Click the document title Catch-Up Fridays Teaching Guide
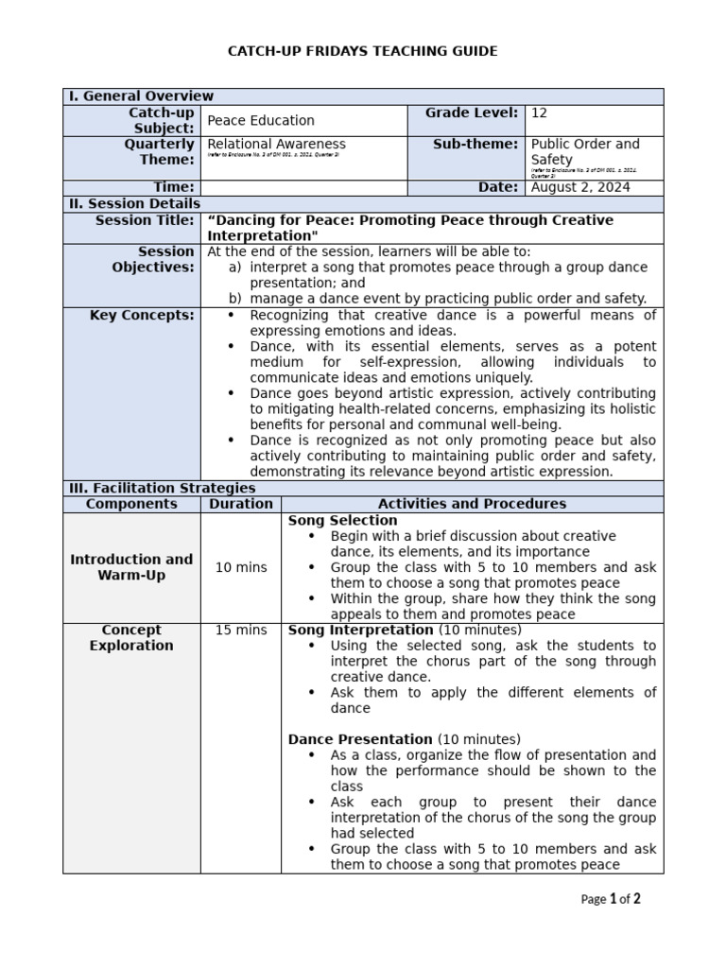[x=363, y=51]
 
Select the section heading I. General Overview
[x=142, y=96]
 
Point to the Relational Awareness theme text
[x=277, y=144]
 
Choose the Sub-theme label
[x=475, y=144]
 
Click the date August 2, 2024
[x=580, y=187]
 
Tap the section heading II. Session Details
[x=135, y=203]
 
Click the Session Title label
[x=145, y=220]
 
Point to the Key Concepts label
[x=142, y=315]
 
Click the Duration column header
[x=241, y=504]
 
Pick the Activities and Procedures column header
[x=472, y=504]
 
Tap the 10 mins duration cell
[x=241, y=567]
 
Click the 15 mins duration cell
[x=241, y=630]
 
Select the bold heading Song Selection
[x=342, y=521]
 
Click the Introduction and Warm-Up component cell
[x=131, y=567]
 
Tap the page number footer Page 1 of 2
[x=610, y=899]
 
